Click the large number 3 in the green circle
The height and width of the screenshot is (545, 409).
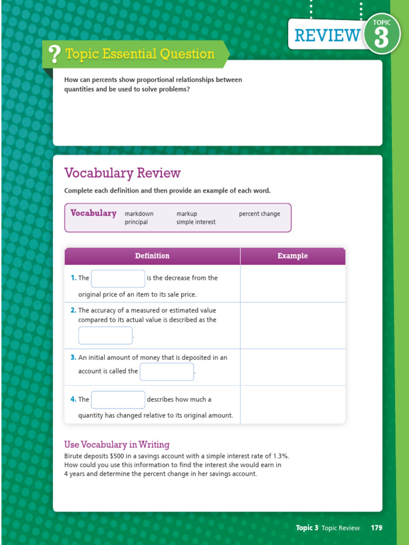tap(381, 38)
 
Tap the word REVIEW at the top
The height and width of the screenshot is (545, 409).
tap(327, 35)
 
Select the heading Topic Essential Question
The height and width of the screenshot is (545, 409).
tap(140, 54)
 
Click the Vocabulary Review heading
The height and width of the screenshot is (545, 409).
tap(122, 173)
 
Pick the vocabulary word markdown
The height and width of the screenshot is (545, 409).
tap(139, 214)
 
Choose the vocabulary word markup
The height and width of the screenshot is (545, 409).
tap(186, 214)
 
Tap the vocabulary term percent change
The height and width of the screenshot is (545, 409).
tap(259, 214)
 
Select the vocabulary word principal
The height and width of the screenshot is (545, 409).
tap(136, 222)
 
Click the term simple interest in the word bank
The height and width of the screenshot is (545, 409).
tap(196, 222)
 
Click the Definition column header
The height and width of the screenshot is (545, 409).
tap(152, 256)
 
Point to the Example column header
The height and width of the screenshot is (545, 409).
tap(292, 256)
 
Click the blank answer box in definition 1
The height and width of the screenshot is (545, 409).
tap(118, 278)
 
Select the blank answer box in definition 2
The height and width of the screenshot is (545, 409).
tap(105, 335)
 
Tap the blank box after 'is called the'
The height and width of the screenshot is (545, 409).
tap(167, 371)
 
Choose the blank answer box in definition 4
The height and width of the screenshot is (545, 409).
tap(118, 400)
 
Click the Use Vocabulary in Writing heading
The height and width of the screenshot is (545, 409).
tap(117, 444)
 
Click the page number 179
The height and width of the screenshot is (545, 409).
tap(377, 528)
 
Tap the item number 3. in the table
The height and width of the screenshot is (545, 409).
tap(73, 358)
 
